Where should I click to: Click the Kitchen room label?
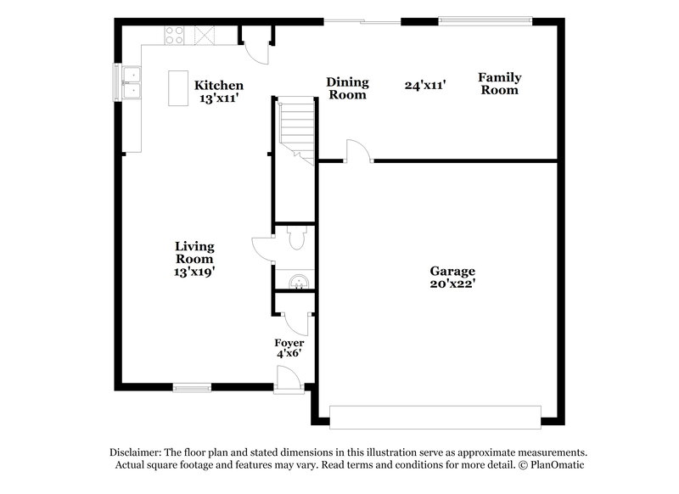(x=219, y=85)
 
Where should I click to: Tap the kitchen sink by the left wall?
(x=133, y=83)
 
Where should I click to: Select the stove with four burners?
(x=174, y=36)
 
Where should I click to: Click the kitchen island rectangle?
(x=179, y=88)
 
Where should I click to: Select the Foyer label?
(x=289, y=343)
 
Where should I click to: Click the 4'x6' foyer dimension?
(x=289, y=355)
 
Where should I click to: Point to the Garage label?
(x=452, y=272)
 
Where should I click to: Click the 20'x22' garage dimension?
(x=452, y=284)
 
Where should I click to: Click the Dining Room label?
(x=348, y=88)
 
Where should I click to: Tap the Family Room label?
(x=500, y=83)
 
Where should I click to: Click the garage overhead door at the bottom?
(x=435, y=417)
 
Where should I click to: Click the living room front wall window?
(x=192, y=387)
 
